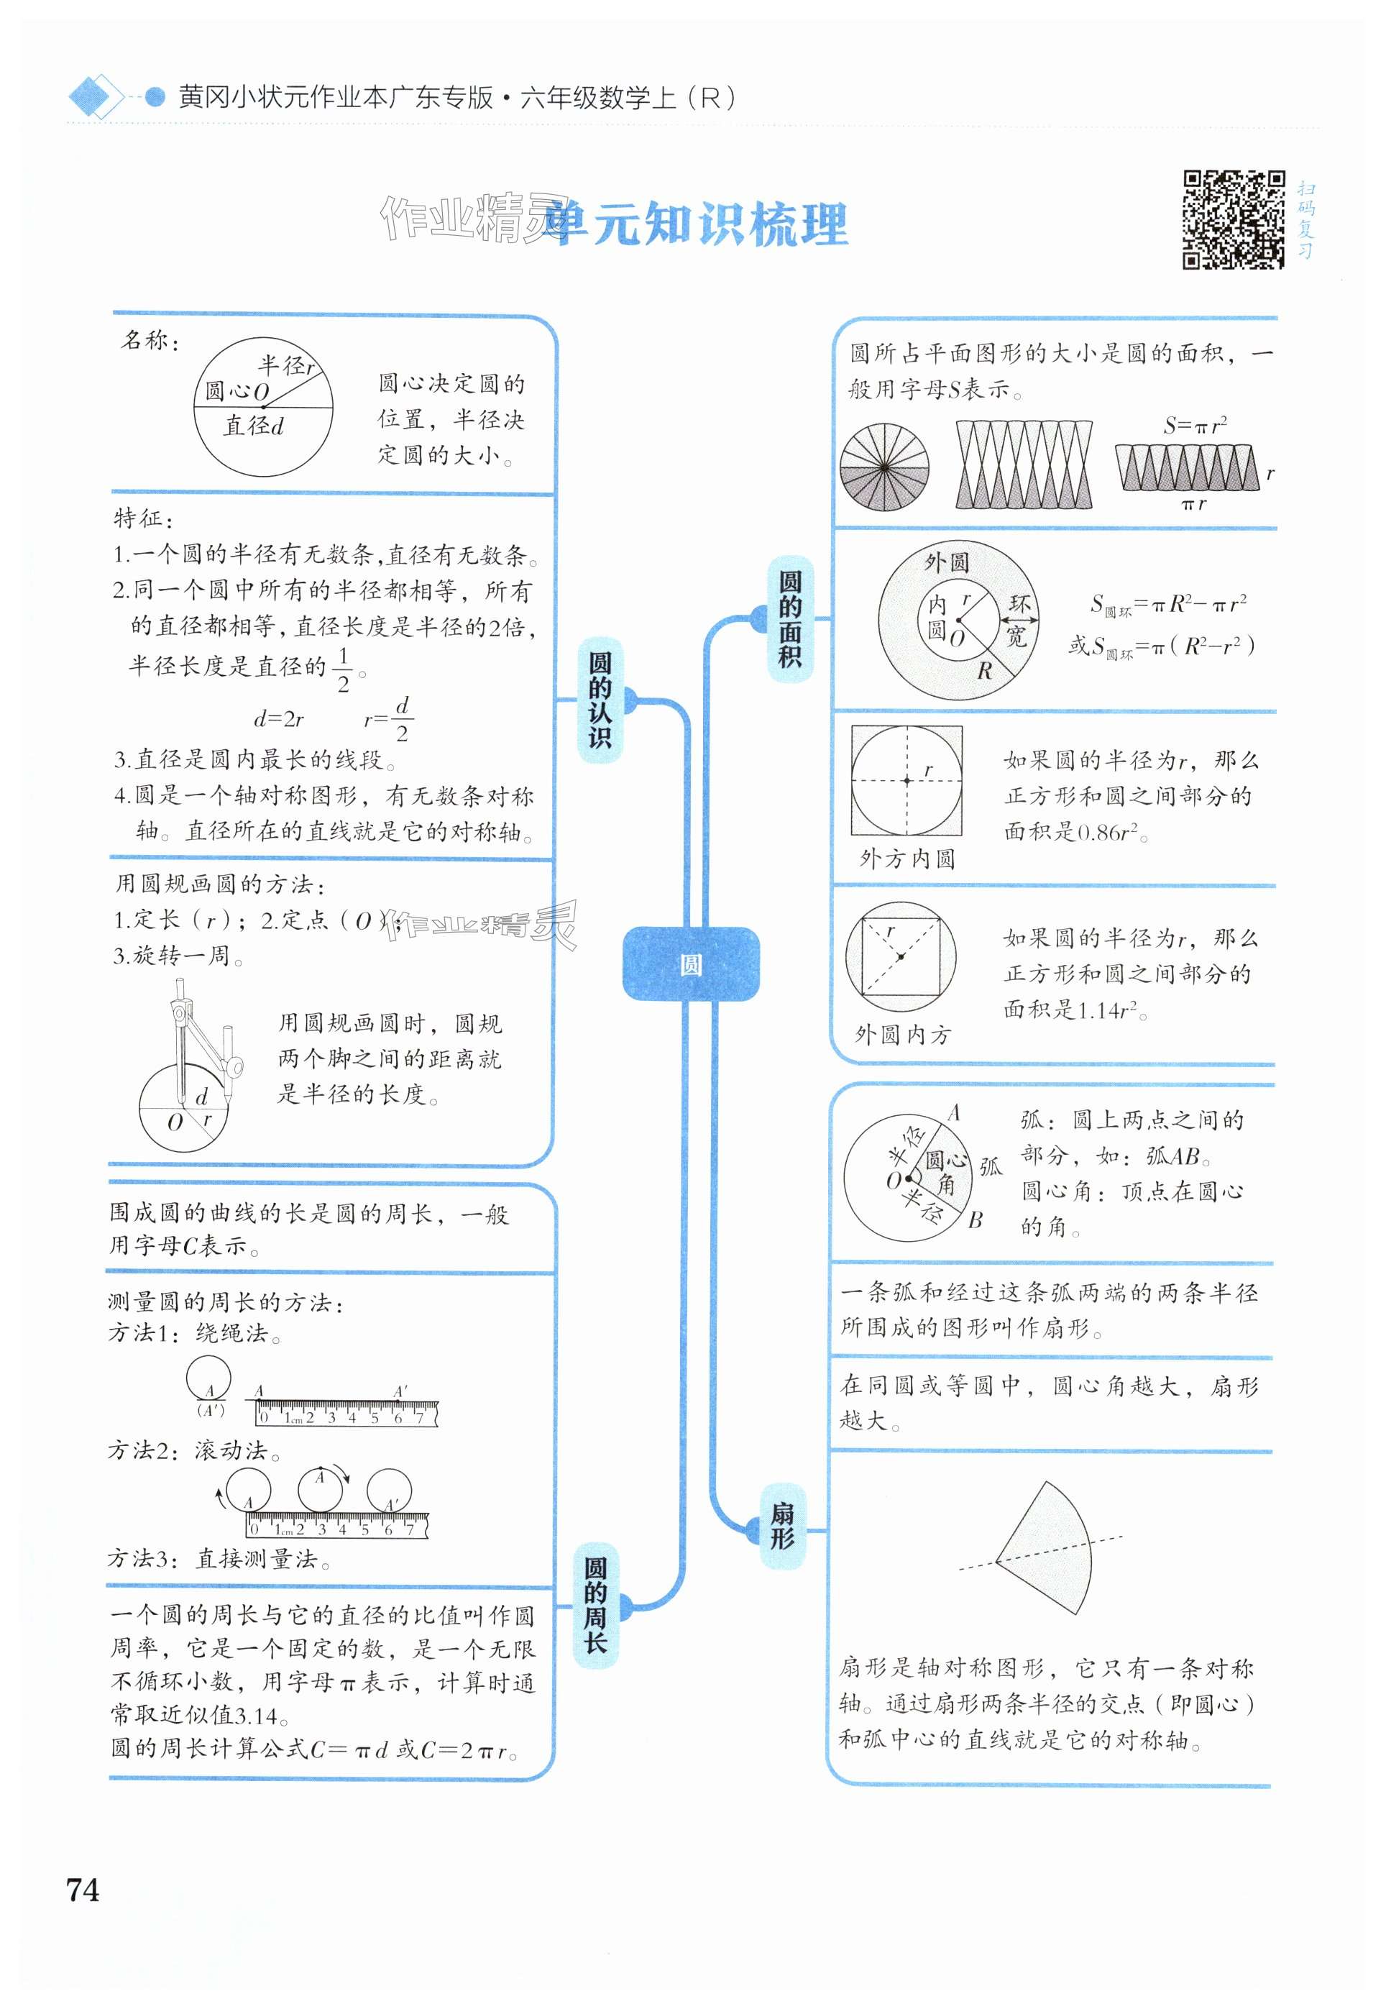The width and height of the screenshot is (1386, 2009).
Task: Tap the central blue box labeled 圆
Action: (692, 964)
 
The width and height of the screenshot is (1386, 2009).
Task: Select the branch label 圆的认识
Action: (600, 700)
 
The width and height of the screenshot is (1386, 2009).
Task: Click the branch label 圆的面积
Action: (789, 618)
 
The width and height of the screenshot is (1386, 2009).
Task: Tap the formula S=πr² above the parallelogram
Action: (1195, 426)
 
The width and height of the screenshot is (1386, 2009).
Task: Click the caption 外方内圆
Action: (907, 859)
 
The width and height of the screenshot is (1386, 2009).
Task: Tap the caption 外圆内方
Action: (903, 1035)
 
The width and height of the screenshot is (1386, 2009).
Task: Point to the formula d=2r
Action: (279, 718)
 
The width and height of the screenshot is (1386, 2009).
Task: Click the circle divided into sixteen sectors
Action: (884, 467)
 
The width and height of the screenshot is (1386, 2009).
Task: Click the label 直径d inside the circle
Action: (254, 426)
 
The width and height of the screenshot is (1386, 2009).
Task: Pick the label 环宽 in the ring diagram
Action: (1018, 620)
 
